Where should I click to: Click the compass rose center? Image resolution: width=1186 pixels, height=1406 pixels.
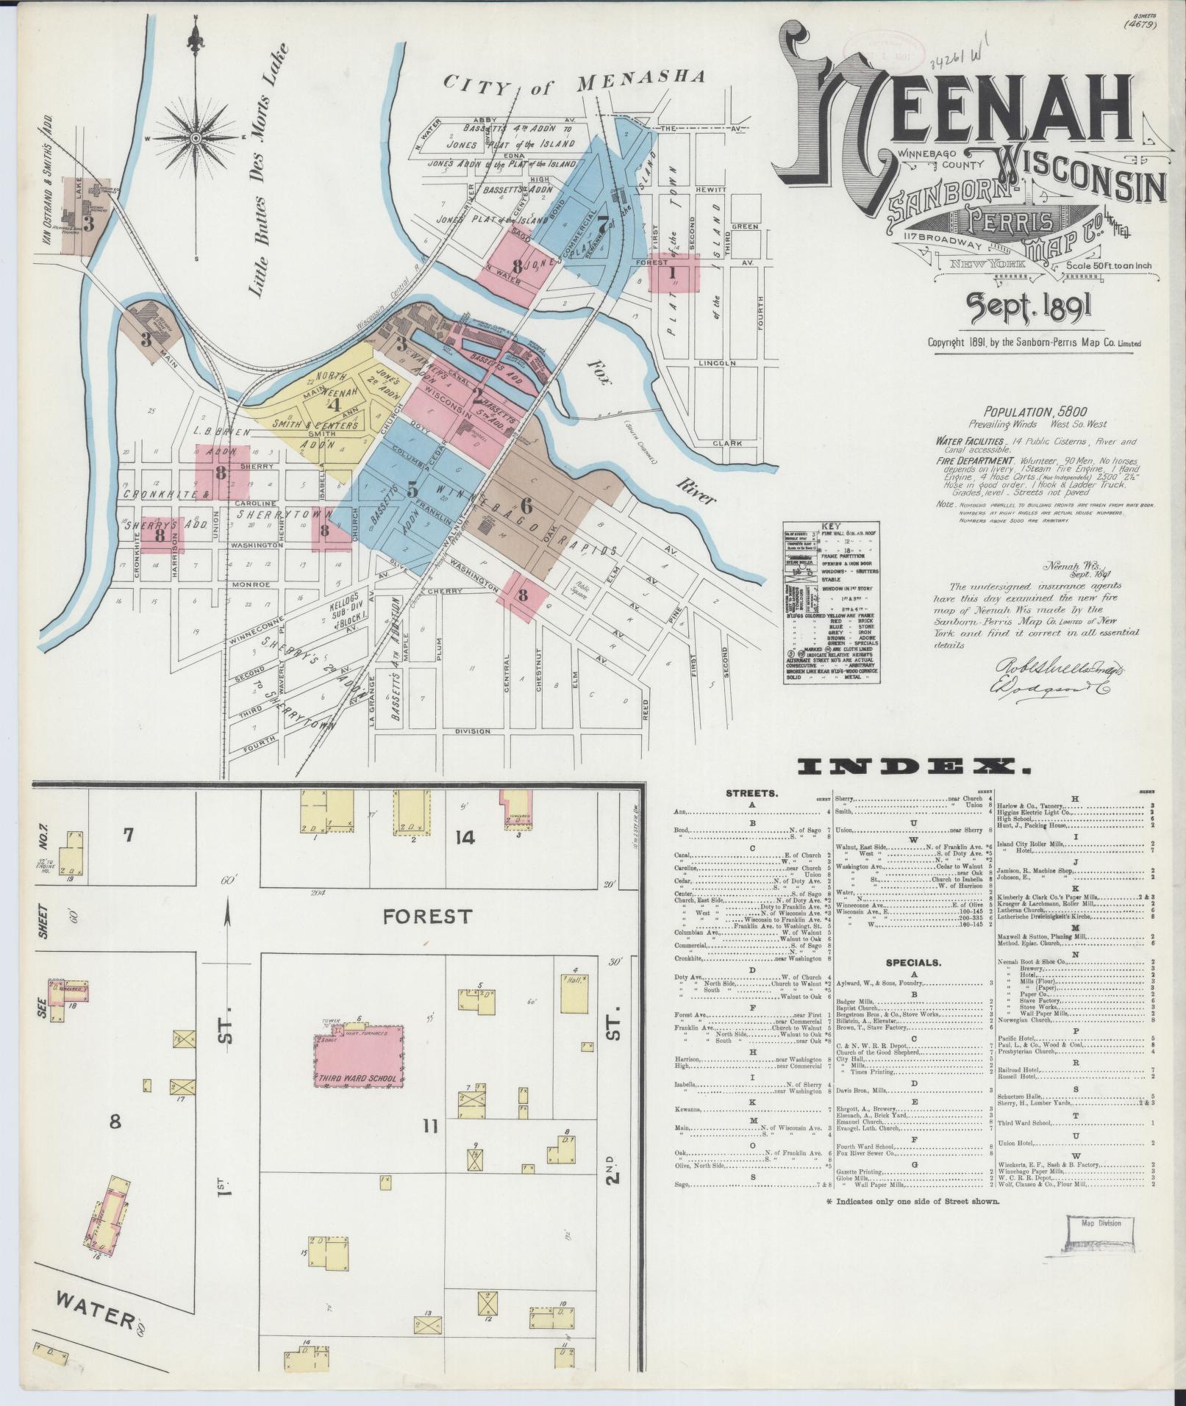click(196, 138)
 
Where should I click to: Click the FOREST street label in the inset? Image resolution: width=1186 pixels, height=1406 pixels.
click(428, 916)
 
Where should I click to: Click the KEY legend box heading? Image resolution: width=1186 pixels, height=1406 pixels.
click(831, 527)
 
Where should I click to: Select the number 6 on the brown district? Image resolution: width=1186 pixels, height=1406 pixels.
click(526, 506)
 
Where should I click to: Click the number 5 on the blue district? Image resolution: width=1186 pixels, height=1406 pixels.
click(412, 488)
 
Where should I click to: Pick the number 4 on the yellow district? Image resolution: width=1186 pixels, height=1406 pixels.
click(334, 403)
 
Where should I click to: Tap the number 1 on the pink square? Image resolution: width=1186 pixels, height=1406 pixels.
click(672, 273)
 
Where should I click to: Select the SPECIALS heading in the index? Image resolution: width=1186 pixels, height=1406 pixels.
click(913, 962)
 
